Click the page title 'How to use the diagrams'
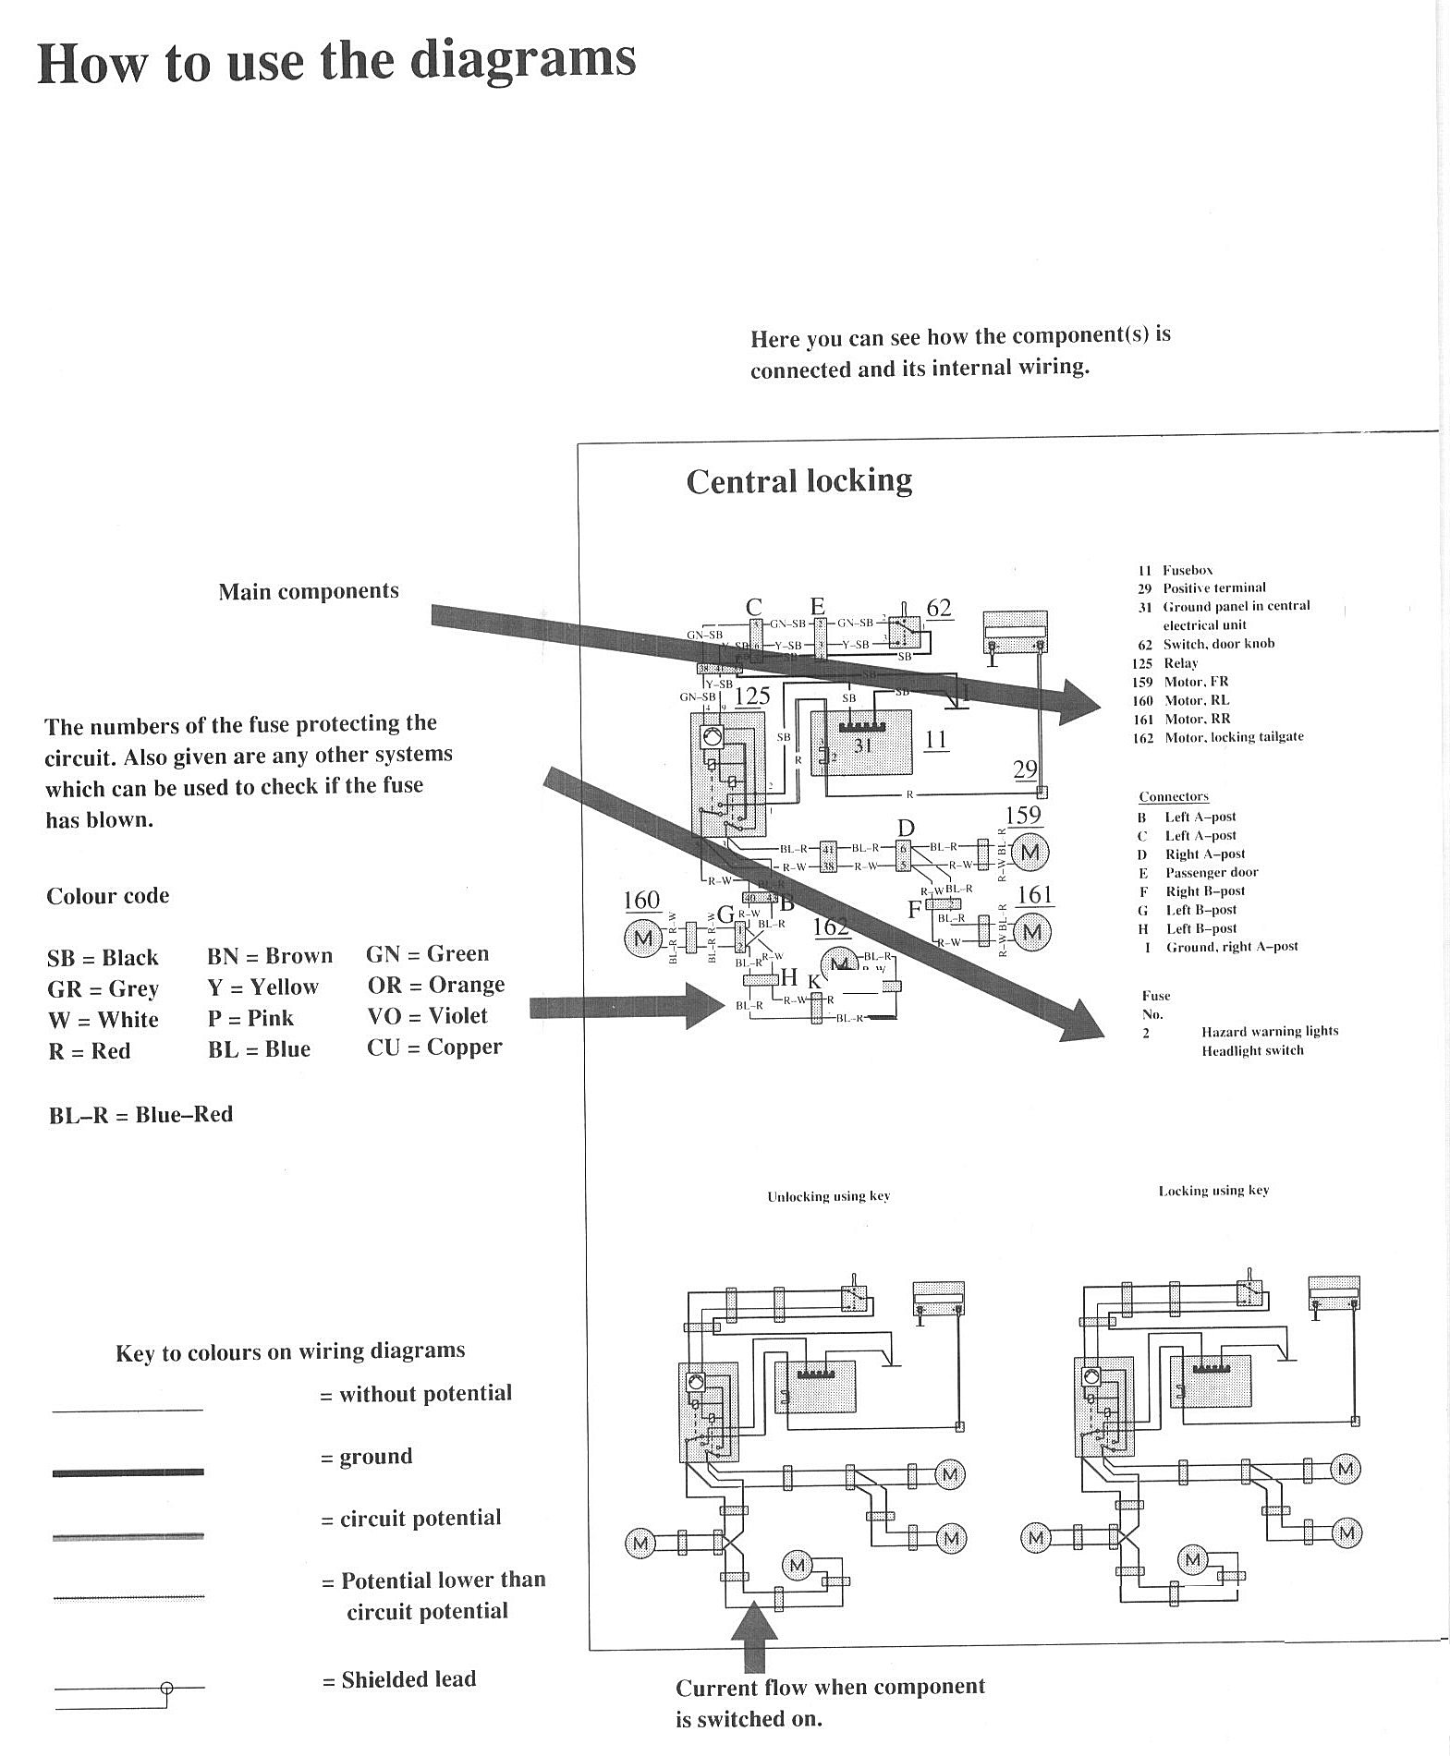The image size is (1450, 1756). pos(336,61)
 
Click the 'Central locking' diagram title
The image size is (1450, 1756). pos(798,481)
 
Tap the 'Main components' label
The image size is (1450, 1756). pos(309,591)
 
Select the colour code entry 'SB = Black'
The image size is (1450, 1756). pos(103,958)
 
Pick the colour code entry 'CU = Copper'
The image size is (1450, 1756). pos(434,1048)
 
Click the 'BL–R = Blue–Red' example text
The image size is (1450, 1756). pos(140,1115)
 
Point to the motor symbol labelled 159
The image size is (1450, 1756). pos(1030,852)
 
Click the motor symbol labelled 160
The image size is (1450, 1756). pos(641,939)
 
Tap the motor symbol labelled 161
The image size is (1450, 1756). pos(1032,931)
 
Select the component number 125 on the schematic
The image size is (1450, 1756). pos(752,696)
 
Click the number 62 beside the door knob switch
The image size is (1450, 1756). pos(938,608)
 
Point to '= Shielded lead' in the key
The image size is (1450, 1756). pos(399,1680)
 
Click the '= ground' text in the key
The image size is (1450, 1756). pos(367,1457)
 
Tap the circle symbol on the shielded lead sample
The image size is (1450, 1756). pos(166,1688)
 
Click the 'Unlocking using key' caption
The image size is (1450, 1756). pos(828,1196)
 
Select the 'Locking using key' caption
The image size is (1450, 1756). pos(1213,1191)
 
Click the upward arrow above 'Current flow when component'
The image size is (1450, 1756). pos(754,1636)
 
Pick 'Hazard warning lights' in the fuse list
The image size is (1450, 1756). pos(1269,1031)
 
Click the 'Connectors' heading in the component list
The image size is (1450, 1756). pos(1173,796)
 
